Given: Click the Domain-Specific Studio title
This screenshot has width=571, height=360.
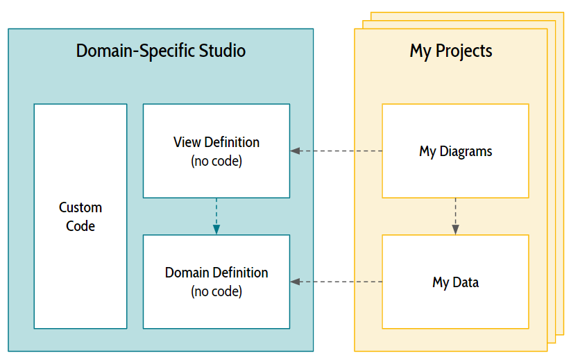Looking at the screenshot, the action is click(160, 51).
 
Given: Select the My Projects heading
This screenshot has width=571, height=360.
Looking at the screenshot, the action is click(451, 51).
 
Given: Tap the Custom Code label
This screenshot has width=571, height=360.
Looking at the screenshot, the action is click(80, 216).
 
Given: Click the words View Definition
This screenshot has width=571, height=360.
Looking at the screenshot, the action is click(216, 142).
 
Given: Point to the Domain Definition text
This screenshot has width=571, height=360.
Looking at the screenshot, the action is click(216, 273).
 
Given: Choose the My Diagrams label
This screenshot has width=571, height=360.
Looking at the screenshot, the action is click(456, 151).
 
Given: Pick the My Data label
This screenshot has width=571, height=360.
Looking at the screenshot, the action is click(456, 282).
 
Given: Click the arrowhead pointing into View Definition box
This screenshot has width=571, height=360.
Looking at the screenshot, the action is click(295, 151).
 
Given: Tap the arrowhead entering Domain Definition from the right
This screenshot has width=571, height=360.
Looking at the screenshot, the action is click(295, 282).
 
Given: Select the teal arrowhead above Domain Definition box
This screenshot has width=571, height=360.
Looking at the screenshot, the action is click(216, 230).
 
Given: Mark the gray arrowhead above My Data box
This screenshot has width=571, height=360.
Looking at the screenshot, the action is click(456, 230).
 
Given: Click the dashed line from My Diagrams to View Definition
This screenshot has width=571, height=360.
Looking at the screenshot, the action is click(336, 151).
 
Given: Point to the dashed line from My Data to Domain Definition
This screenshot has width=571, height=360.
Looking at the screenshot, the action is click(336, 282).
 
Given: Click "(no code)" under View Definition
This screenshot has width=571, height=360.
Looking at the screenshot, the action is click(216, 161).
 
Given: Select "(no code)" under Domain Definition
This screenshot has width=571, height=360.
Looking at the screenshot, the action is click(216, 291).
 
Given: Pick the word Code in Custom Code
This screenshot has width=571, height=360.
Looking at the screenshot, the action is click(80, 226).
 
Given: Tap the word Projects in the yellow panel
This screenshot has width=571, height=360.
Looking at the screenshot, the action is click(464, 51).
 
